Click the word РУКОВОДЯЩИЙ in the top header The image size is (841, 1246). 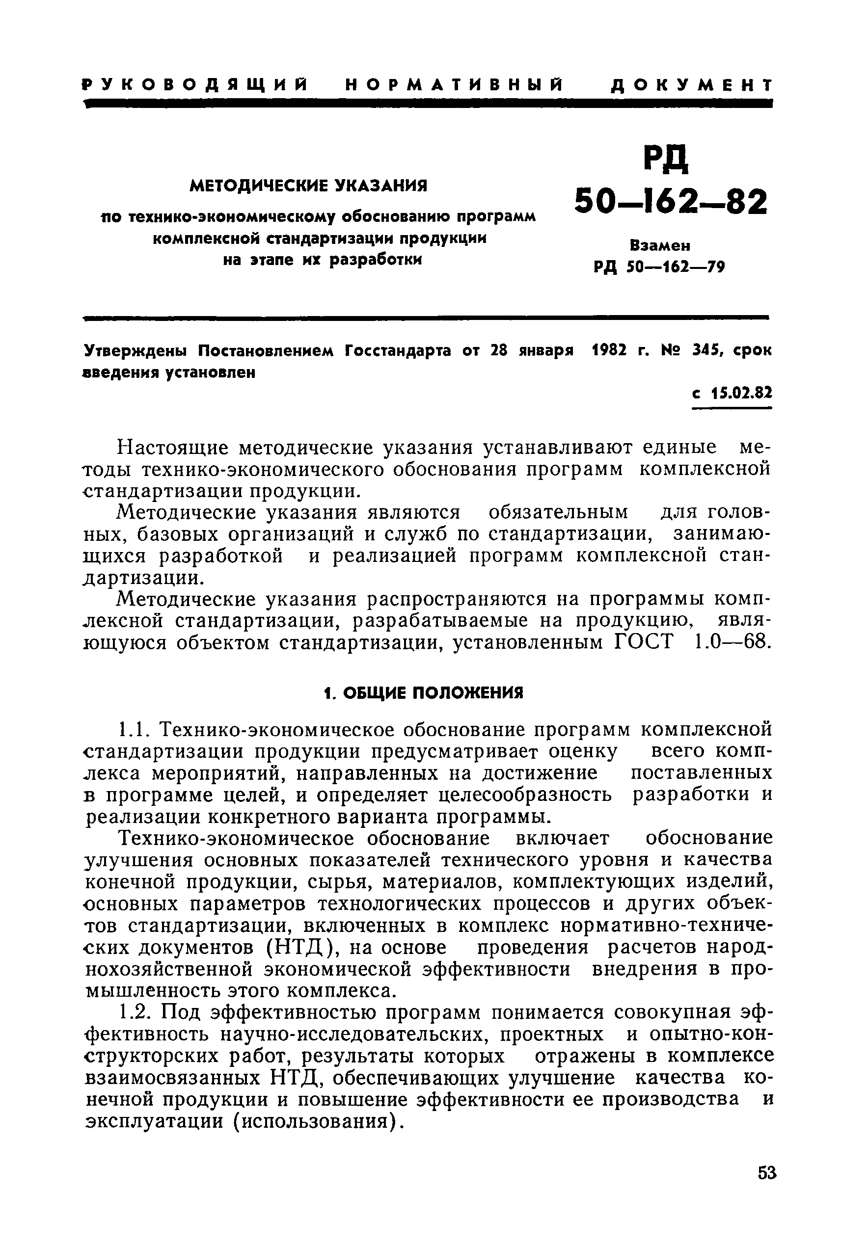pos(196,85)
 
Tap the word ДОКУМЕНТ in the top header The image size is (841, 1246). pos(691,85)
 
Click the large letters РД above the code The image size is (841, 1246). pos(666,159)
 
